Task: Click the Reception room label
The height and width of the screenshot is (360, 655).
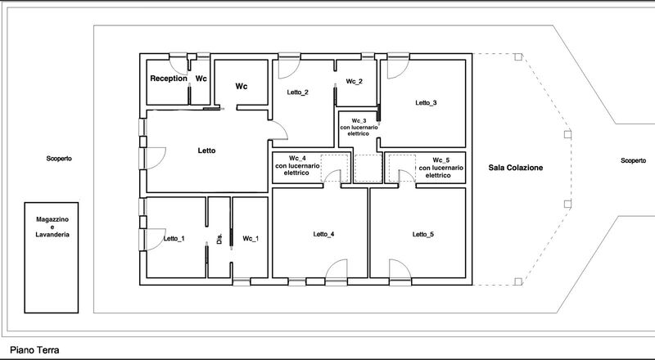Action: pyautogui.click(x=169, y=79)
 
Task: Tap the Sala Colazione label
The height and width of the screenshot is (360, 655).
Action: pyautogui.click(x=516, y=168)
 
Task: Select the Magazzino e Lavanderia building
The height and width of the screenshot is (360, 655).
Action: pyautogui.click(x=52, y=258)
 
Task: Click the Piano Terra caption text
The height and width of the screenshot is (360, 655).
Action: pyautogui.click(x=34, y=350)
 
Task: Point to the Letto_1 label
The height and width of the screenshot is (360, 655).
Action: pyautogui.click(x=174, y=238)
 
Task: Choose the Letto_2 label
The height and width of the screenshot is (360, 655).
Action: pyautogui.click(x=297, y=92)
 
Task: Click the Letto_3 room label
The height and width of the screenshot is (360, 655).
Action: pyautogui.click(x=426, y=103)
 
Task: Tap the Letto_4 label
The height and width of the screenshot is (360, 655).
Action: pyautogui.click(x=323, y=234)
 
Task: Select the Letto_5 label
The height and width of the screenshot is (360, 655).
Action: pyautogui.click(x=423, y=234)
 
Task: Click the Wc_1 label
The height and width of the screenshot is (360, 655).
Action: pyautogui.click(x=251, y=238)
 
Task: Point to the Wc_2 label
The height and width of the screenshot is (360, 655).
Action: pyautogui.click(x=355, y=82)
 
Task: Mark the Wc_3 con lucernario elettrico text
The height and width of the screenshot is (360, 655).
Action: pyautogui.click(x=359, y=127)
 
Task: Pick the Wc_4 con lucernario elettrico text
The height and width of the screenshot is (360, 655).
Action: pyautogui.click(x=297, y=165)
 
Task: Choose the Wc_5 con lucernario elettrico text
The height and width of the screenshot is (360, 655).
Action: pyautogui.click(x=440, y=168)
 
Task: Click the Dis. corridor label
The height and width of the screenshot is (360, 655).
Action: pyautogui.click(x=219, y=238)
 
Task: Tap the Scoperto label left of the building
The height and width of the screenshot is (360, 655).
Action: pyautogui.click(x=59, y=159)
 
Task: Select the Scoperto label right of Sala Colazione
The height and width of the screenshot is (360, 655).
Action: pyautogui.click(x=633, y=160)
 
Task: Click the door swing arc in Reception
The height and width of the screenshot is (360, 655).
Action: pyautogui.click(x=182, y=72)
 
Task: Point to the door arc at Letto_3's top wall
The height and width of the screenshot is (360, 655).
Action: pyautogui.click(x=403, y=73)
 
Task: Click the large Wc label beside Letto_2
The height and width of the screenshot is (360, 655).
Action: pyautogui.click(x=241, y=87)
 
